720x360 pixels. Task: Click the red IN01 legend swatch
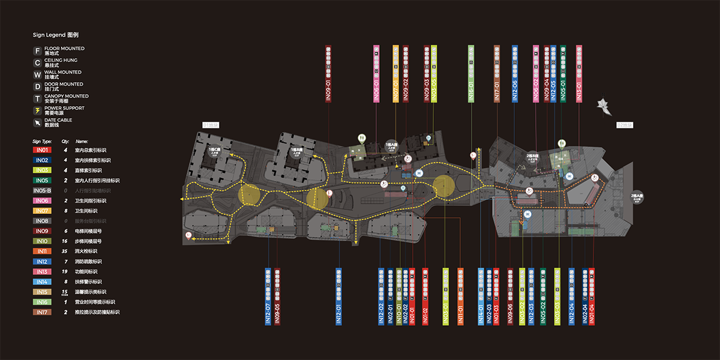click(42, 150)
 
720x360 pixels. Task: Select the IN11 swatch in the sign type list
click(42, 251)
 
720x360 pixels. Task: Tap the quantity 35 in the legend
click(65, 251)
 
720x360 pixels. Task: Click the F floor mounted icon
click(37, 51)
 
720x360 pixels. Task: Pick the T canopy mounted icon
click(37, 98)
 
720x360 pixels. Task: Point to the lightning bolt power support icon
click(37, 110)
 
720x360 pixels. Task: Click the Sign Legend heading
click(55, 35)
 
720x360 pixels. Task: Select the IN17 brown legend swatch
click(42, 312)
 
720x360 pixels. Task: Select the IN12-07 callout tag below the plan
click(268, 296)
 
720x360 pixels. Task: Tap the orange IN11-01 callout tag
click(461, 296)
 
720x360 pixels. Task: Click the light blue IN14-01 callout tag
click(481, 296)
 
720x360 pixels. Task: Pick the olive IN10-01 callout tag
click(399, 296)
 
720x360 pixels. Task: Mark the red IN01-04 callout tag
click(592, 296)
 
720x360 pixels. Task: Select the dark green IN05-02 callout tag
click(543, 296)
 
